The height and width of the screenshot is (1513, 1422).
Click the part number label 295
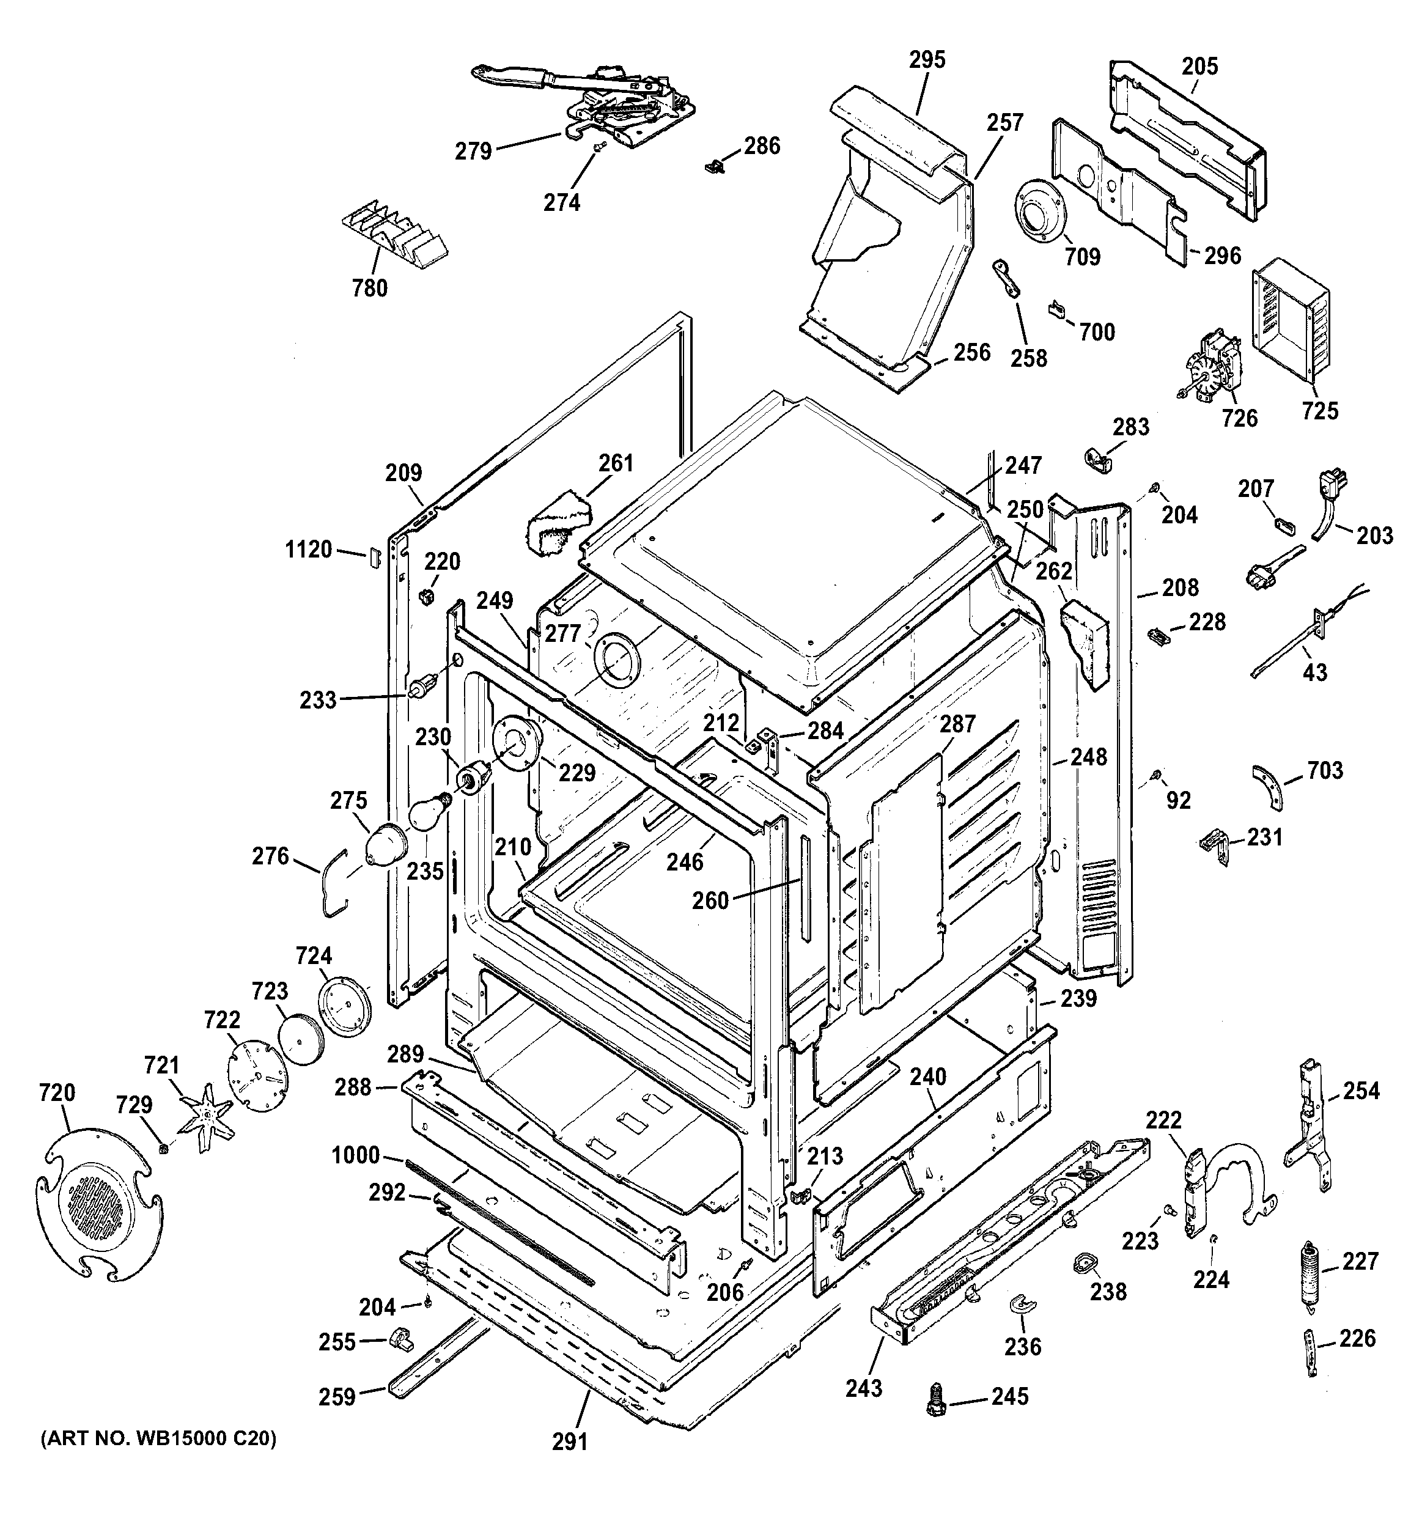926,59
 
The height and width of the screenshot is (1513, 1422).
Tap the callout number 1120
308,549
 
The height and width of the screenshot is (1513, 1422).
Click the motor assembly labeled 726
1209,369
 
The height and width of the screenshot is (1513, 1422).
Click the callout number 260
710,900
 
